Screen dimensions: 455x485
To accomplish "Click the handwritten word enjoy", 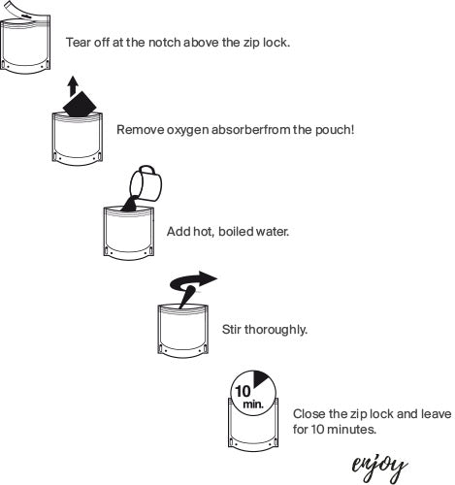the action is (x=379, y=468).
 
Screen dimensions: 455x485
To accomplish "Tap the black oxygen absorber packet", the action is (x=80, y=104).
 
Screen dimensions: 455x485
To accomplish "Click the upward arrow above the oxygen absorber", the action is (x=74, y=86).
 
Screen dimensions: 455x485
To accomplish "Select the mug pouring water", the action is (x=146, y=183).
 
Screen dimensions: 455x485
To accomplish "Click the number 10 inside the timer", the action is (x=243, y=391).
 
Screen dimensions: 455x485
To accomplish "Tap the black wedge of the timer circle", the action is (x=260, y=378).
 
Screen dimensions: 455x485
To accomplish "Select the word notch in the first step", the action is (x=165, y=43).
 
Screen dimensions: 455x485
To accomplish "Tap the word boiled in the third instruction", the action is (x=236, y=232).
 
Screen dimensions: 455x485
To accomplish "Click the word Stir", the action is (x=232, y=330).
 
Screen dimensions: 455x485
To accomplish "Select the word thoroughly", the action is (x=276, y=330).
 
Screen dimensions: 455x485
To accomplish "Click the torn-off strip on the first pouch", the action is (x=19, y=10).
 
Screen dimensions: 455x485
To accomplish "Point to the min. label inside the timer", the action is (x=253, y=404).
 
